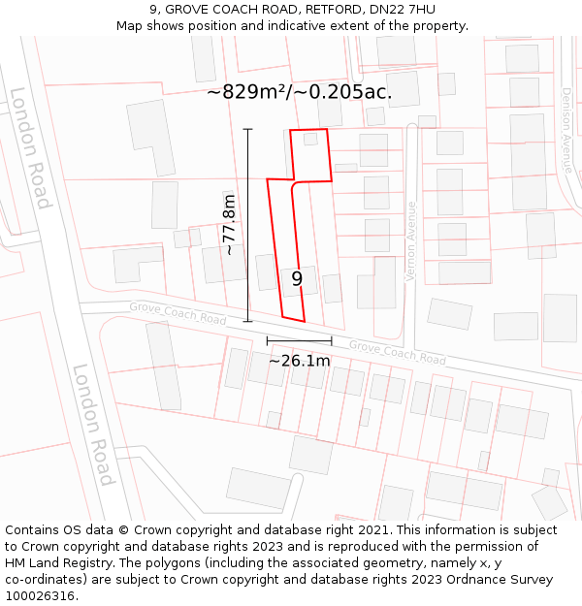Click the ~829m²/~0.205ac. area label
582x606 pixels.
click(x=300, y=92)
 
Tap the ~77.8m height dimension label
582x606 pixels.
click(x=229, y=224)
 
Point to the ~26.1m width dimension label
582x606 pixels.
click(x=299, y=361)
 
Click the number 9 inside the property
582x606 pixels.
click(x=297, y=279)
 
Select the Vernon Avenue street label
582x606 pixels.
click(x=410, y=241)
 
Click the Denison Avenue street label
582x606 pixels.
click(x=566, y=130)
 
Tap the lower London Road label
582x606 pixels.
click(x=93, y=424)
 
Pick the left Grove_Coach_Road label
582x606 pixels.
click(x=178, y=313)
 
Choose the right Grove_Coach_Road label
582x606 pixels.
click(x=398, y=352)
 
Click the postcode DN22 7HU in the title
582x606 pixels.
click(x=402, y=10)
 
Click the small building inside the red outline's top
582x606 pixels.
click(x=310, y=139)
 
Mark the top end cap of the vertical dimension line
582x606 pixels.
click(x=247, y=129)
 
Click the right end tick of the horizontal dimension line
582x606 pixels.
click(x=332, y=341)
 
